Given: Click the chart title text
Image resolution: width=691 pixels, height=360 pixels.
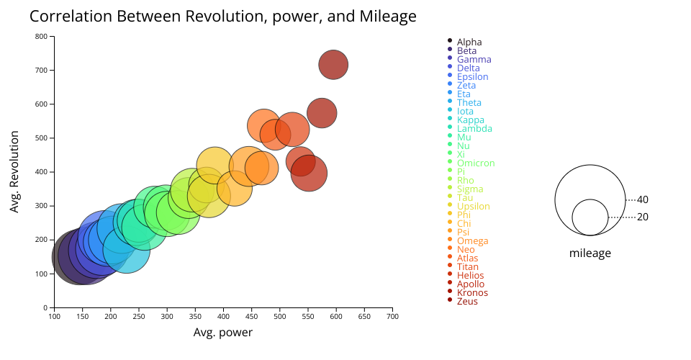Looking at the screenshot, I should (223, 16).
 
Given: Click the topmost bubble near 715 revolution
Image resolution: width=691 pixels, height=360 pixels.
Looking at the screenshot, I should (333, 65).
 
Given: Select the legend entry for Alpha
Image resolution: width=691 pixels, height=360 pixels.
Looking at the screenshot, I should (469, 42).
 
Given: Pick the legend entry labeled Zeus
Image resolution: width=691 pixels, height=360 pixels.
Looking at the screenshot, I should (467, 302).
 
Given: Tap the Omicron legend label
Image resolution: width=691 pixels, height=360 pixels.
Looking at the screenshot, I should (476, 163).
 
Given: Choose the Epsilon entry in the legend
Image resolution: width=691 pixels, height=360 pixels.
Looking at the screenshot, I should (472, 77).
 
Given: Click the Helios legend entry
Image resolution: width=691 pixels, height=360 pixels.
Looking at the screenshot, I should (470, 276).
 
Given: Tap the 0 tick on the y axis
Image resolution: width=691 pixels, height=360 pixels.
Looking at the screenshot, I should (45, 307).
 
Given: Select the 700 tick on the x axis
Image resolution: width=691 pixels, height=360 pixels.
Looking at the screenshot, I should (392, 315).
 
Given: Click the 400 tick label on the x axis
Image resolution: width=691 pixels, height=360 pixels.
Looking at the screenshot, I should (223, 315).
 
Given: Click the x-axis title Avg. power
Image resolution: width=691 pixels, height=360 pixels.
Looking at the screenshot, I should (223, 333).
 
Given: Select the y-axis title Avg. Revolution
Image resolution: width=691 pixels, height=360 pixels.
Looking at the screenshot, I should (15, 172).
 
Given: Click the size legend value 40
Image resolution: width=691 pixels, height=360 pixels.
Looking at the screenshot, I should (643, 199).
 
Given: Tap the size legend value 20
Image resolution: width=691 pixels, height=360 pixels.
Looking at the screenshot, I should (643, 217).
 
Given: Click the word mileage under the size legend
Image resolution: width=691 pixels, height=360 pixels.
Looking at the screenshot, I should (590, 253).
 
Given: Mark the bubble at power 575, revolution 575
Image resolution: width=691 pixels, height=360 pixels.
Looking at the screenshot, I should (322, 113).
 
